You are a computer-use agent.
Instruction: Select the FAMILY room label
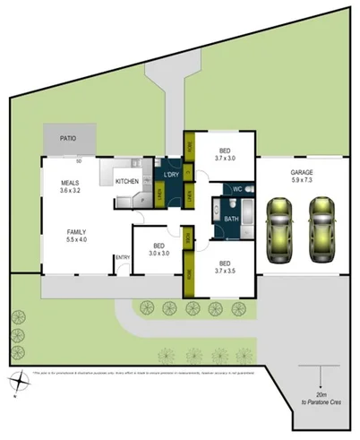point(76,232)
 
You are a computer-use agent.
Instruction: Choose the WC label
point(237,189)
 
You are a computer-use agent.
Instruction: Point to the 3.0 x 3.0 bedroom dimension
point(159,253)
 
